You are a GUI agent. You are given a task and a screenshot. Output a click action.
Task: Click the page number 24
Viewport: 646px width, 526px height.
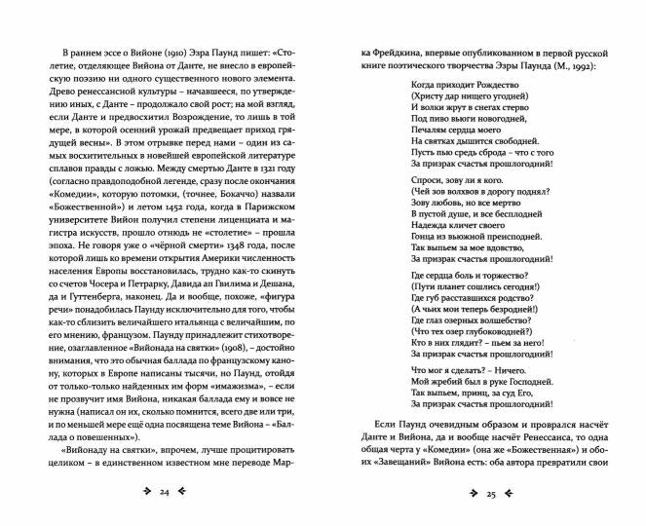point(165,495)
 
